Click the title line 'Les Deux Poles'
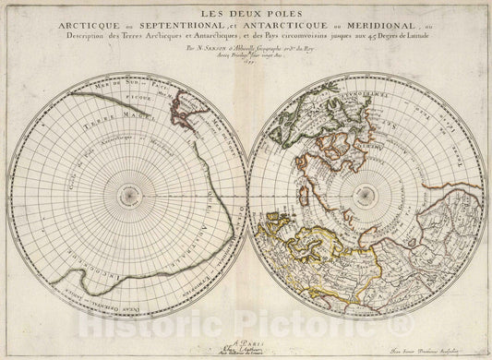[245, 16]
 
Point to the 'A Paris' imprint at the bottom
[245, 336]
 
